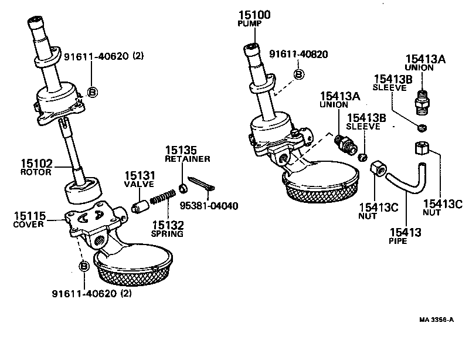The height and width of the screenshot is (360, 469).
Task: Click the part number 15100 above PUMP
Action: tap(254, 15)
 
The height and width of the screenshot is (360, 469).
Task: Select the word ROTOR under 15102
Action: tap(37, 172)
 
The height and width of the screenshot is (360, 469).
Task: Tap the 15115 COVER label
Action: tap(29, 220)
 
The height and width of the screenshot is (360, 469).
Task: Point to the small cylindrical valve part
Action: tap(140, 207)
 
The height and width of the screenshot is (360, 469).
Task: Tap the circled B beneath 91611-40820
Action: tap(298, 74)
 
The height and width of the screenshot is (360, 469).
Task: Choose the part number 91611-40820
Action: tap(298, 55)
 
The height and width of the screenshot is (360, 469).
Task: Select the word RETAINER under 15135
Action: tap(187, 159)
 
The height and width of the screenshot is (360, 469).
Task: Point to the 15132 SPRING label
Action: tap(168, 229)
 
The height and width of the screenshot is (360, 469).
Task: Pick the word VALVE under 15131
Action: tap(138, 184)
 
